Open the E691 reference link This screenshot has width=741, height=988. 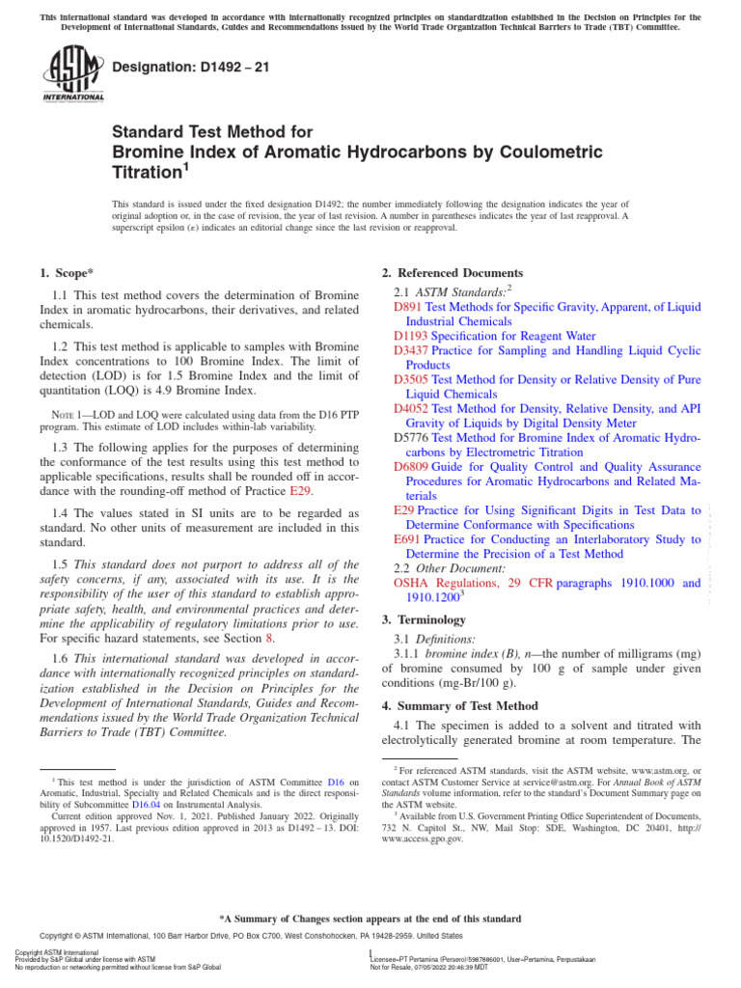[x=407, y=539]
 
